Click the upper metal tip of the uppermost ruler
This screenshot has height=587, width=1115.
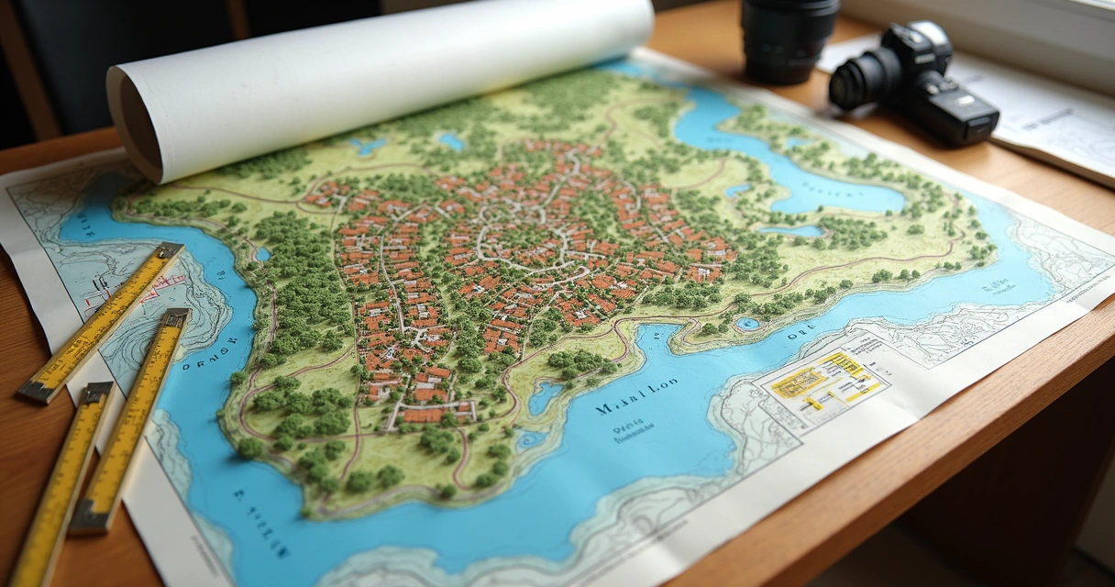coord(170,250)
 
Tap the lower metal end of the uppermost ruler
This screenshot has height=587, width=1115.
coord(35,392)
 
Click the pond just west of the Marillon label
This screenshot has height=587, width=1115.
coord(545,396)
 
